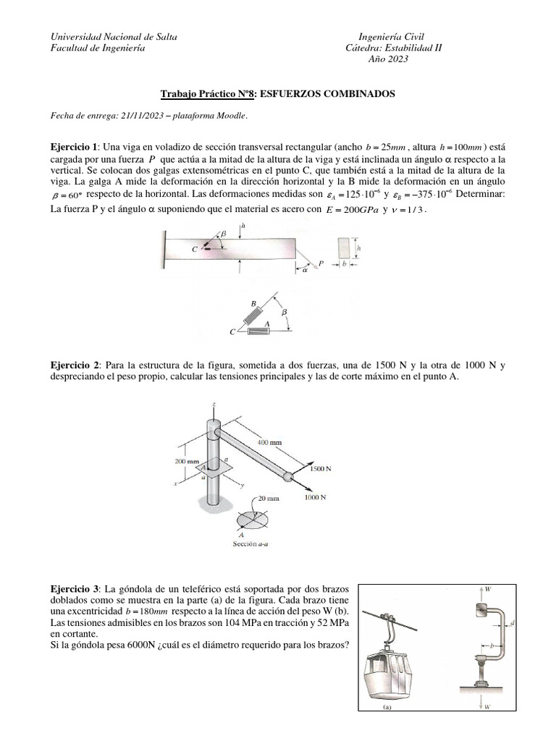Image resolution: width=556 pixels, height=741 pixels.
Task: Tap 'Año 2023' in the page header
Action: [x=389, y=59]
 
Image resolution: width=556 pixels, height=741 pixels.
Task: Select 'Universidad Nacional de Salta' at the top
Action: [x=112, y=36]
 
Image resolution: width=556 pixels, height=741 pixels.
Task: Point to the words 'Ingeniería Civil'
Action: [x=392, y=36]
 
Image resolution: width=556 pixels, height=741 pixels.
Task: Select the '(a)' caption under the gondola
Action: [x=386, y=709]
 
